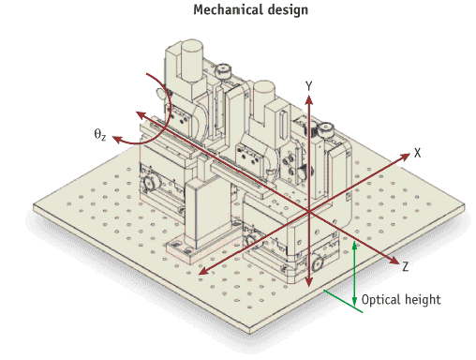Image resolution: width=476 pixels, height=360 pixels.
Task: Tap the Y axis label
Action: pos(308,86)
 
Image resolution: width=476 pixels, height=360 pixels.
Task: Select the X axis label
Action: pos(417,153)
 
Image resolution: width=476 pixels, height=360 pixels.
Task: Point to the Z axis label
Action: pos(405,266)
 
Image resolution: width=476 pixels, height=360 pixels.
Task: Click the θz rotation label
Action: pos(99,134)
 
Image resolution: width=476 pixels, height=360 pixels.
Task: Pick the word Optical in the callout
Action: pos(379,300)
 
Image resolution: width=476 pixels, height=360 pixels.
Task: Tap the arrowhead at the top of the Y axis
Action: pos(309,100)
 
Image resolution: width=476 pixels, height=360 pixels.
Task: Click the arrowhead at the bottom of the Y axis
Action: pos(308,281)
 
